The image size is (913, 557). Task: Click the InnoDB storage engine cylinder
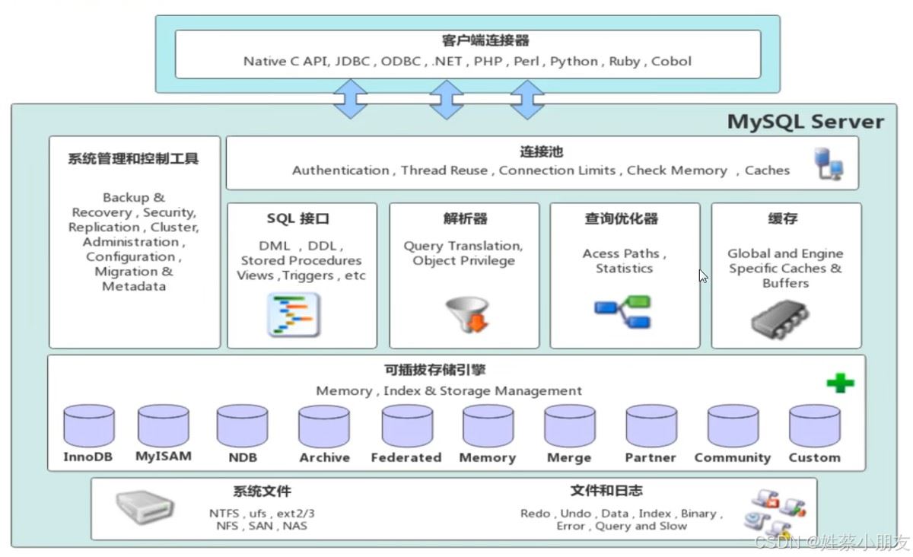pyautogui.click(x=89, y=425)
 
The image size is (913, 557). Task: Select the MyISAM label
pyautogui.click(x=164, y=457)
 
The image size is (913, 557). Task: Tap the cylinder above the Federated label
pyautogui.click(x=407, y=425)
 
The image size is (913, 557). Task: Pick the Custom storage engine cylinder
pyautogui.click(x=814, y=425)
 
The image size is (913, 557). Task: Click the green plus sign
pyautogui.click(x=840, y=383)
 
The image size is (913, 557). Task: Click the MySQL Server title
pyautogui.click(x=805, y=122)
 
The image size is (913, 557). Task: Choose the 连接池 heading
pyautogui.click(x=541, y=152)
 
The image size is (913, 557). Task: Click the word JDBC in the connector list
pyautogui.click(x=352, y=61)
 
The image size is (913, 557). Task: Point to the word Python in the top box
pyautogui.click(x=574, y=61)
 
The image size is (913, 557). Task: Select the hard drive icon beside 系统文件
pyautogui.click(x=144, y=506)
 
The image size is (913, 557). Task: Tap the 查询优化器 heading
pyautogui.click(x=622, y=218)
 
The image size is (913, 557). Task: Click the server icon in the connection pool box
pyautogui.click(x=829, y=164)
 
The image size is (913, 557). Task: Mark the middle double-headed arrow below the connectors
pyautogui.click(x=447, y=100)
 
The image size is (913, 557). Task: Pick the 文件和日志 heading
pyautogui.click(x=606, y=491)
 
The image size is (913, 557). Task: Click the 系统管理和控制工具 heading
pyautogui.click(x=133, y=159)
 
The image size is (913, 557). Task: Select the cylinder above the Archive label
pyautogui.click(x=324, y=426)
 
